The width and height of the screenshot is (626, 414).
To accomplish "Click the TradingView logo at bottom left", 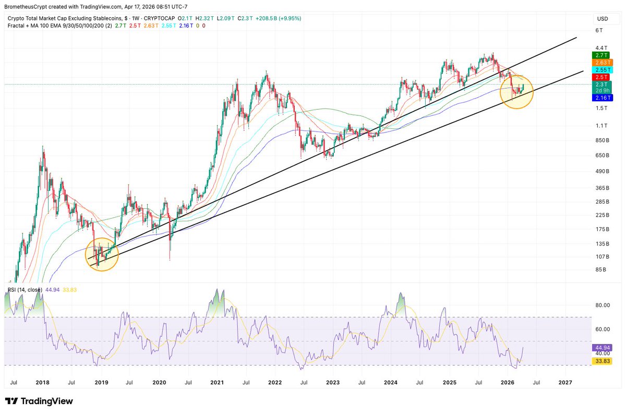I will click(39, 401).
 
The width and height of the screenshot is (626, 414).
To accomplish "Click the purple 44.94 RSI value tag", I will click(601, 347).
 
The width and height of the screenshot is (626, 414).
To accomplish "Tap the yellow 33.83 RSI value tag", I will click(601, 361).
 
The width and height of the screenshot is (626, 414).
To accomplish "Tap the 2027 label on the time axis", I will click(565, 383).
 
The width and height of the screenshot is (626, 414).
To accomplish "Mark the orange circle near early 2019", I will click(102, 254).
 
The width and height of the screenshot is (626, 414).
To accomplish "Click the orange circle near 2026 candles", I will click(517, 92).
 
